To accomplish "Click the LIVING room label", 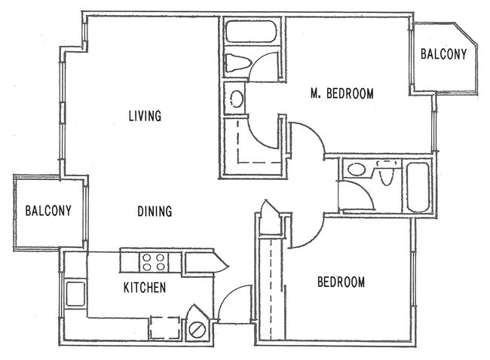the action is pos(145,115).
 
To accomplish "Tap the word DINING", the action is pos(155,211).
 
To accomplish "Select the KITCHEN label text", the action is pos(145,288).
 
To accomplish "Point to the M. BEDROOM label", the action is pos(342,93).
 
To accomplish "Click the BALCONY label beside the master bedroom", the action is pos(443,54).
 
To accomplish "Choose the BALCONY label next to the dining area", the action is pos(48,211).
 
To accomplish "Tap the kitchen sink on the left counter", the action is pos(75,294).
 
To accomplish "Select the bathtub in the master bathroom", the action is pos(251,31).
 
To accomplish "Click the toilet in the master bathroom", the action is pos(238,63).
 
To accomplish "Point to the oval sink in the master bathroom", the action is pos(236,99).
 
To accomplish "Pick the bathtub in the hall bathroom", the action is pos(418,187).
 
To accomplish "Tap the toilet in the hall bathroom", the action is pos(387,172).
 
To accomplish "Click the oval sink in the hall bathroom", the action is pos(357,169).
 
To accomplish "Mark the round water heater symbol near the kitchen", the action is pos(198,329).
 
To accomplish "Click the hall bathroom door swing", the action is pos(366,191).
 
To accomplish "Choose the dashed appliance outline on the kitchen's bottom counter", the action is pos(165,328).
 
